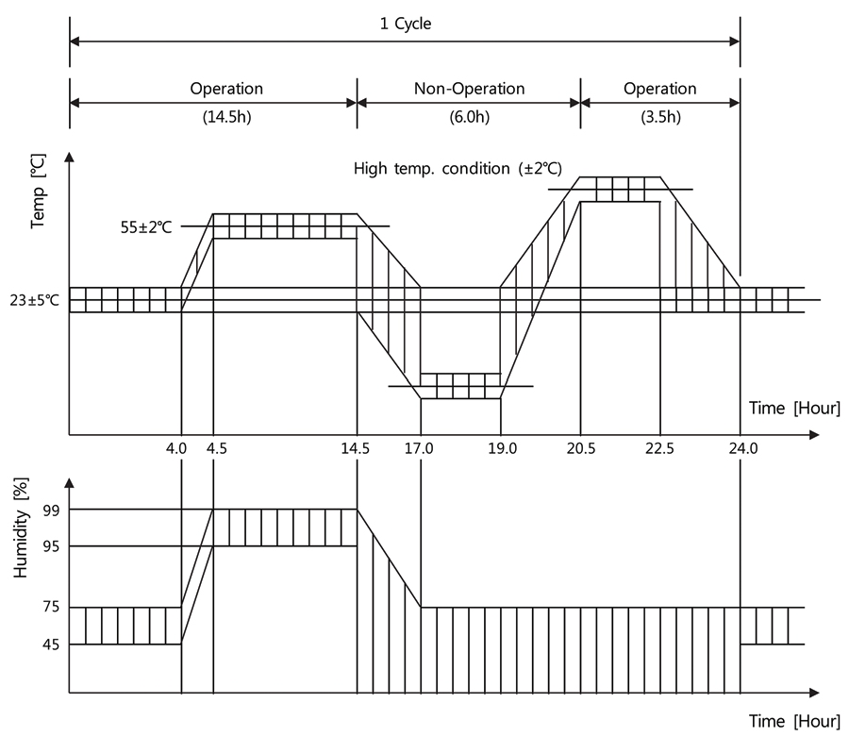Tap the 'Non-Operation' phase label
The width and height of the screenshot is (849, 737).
pyautogui.click(x=469, y=89)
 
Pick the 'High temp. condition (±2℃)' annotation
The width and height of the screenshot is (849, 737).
pyautogui.click(x=458, y=169)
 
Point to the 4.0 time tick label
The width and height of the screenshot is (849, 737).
pyautogui.click(x=176, y=450)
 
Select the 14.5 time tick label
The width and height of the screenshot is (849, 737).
pyautogui.click(x=356, y=450)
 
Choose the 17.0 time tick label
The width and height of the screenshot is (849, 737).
pyautogui.click(x=419, y=450)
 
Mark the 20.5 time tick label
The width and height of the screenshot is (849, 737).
pyautogui.click(x=578, y=450)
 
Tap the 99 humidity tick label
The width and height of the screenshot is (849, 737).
pyautogui.click(x=52, y=510)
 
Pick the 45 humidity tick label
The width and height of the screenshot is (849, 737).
pyautogui.click(x=52, y=645)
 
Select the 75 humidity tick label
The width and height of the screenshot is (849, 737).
pyautogui.click(x=52, y=608)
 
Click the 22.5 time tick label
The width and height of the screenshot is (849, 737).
pyautogui.click(x=659, y=450)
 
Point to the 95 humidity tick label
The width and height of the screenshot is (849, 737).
pyautogui.click(x=52, y=546)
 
